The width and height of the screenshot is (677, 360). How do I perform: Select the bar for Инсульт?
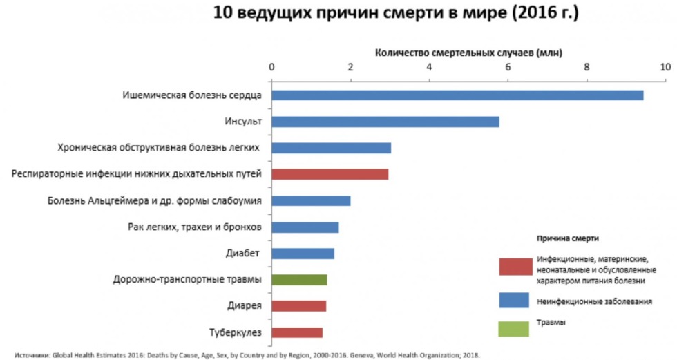(385, 122)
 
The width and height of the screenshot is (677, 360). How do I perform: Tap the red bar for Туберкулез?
(297, 332)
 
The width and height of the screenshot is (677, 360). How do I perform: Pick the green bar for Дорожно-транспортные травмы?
(299, 280)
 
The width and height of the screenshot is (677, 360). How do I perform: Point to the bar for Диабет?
(303, 254)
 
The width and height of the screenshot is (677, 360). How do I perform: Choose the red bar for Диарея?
(298, 306)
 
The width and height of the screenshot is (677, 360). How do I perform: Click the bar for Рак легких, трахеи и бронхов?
(305, 227)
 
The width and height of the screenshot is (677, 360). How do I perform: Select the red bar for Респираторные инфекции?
(330, 174)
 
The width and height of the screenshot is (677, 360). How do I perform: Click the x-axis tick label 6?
(508, 67)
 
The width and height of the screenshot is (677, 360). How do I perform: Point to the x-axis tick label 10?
(665, 67)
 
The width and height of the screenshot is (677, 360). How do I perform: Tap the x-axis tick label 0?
(271, 67)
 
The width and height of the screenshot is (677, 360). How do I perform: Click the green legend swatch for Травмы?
(515, 326)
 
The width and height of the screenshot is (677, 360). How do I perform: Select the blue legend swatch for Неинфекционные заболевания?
(515, 300)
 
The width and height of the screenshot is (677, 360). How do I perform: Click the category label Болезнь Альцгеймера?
(154, 201)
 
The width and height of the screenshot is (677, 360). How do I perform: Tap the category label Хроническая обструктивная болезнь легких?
(158, 148)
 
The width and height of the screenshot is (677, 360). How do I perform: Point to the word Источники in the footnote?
(30, 355)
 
